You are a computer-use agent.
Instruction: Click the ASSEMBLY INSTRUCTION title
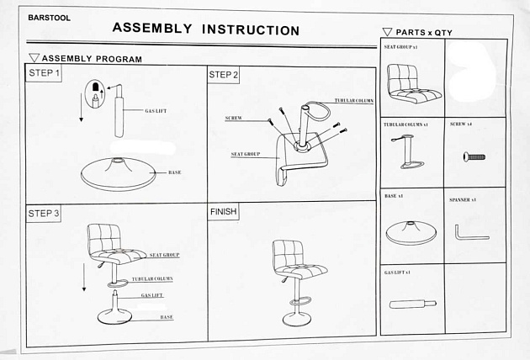[x=206, y=29]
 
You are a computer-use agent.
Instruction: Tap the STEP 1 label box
[x=45, y=74]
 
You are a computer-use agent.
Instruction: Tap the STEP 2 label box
[x=224, y=75]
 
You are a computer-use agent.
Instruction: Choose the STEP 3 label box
[x=44, y=214]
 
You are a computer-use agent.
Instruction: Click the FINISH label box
[x=224, y=211]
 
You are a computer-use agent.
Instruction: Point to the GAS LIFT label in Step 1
[x=156, y=111]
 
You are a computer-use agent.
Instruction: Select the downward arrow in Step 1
[x=82, y=108]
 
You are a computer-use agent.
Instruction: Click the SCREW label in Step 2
[x=233, y=119]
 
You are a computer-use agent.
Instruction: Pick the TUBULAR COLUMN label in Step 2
[x=353, y=100]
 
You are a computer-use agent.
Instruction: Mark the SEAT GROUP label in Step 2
[x=244, y=155]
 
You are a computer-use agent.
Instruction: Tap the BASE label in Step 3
[x=167, y=317]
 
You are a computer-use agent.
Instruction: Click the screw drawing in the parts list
[x=475, y=156]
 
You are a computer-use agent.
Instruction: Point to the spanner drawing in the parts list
[x=470, y=230]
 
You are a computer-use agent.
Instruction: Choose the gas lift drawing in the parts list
[x=410, y=302]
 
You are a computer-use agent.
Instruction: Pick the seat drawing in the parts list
[x=410, y=82]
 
